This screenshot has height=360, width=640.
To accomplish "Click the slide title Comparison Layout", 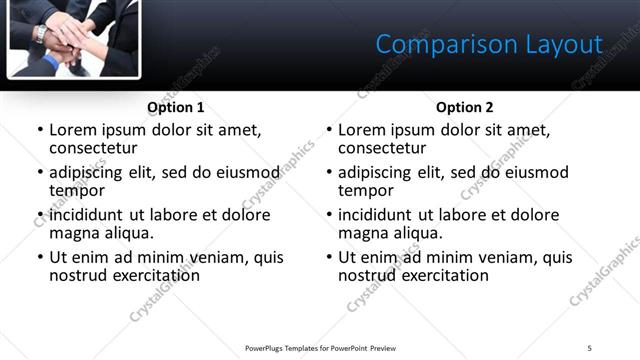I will click(x=489, y=44).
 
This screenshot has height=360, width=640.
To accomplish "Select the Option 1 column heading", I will click(x=176, y=107).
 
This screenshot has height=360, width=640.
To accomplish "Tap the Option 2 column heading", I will click(x=464, y=107).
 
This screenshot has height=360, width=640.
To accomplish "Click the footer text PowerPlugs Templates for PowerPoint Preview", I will click(x=321, y=348).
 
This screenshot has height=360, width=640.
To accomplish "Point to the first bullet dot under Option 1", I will click(x=40, y=130).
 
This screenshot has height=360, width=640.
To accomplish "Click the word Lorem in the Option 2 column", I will click(x=361, y=130).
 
